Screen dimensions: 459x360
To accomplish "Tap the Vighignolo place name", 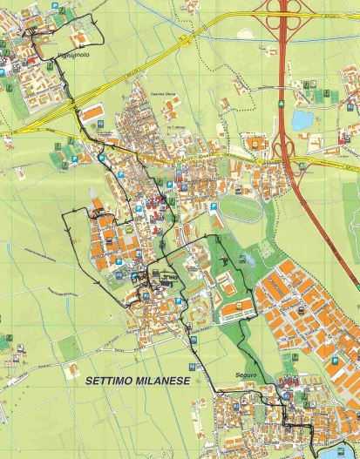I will tap(67, 55).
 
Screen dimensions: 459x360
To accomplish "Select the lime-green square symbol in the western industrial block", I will tap(128, 229).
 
